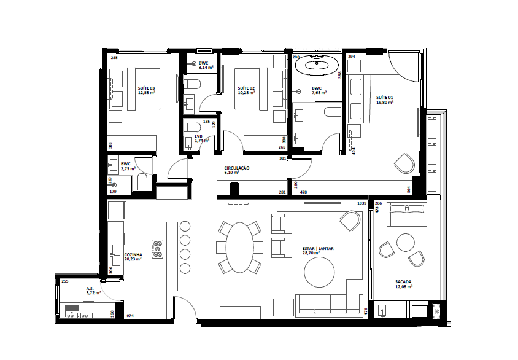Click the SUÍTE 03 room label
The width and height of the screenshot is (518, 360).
coord(146,89)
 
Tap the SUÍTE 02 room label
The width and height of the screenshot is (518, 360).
coord(246,89)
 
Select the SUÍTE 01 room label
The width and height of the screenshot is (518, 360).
coord(385,98)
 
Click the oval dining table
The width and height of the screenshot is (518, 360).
coord(240,247)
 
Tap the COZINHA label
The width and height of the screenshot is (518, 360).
coord(134,254)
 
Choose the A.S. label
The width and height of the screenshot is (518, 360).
coord(90,288)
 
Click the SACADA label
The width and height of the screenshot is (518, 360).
coord(403,283)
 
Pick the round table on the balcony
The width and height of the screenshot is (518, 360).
coord(405,240)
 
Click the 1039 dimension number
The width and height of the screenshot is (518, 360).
coord(361,203)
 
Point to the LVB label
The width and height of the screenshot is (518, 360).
coord(198,136)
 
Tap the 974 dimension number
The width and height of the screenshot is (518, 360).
coord(129,316)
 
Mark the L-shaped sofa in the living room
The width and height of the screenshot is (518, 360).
coord(325,301)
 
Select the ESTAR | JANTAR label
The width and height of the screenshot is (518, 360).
coord(318,249)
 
